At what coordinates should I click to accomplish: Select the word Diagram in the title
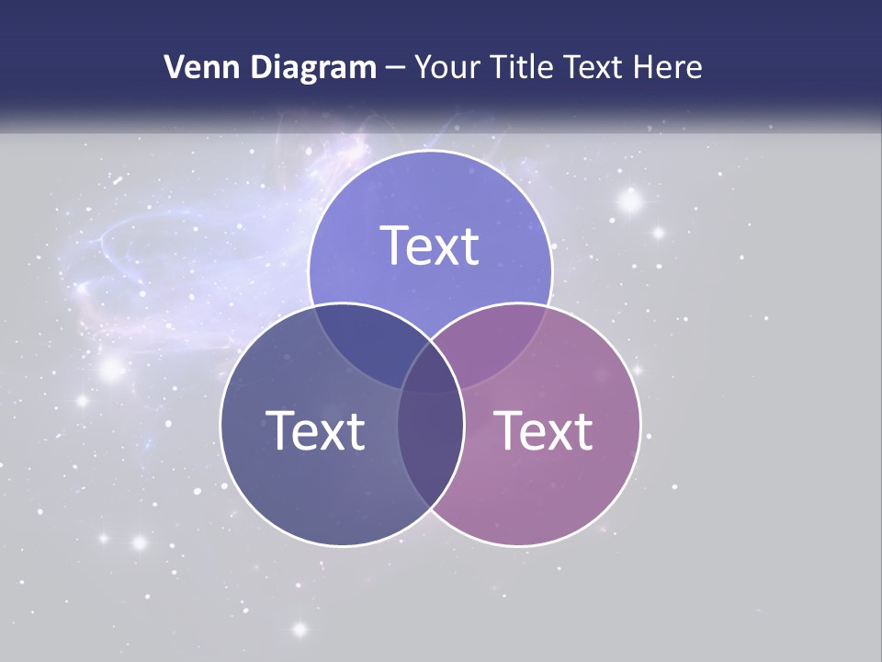click(x=313, y=67)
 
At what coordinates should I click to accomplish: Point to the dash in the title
click(x=395, y=68)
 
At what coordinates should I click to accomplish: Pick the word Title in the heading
click(x=523, y=67)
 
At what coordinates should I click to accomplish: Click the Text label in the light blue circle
click(x=430, y=245)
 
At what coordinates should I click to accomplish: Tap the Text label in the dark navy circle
click(x=315, y=430)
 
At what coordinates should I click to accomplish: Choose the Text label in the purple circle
click(x=544, y=430)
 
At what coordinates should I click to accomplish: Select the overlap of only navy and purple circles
click(x=430, y=451)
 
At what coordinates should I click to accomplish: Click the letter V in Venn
click(x=175, y=67)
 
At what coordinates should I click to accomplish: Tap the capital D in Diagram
click(x=265, y=67)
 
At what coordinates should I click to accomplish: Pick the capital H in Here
click(x=650, y=67)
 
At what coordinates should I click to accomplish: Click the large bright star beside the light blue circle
click(x=630, y=200)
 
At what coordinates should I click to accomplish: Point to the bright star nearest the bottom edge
click(x=299, y=629)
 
